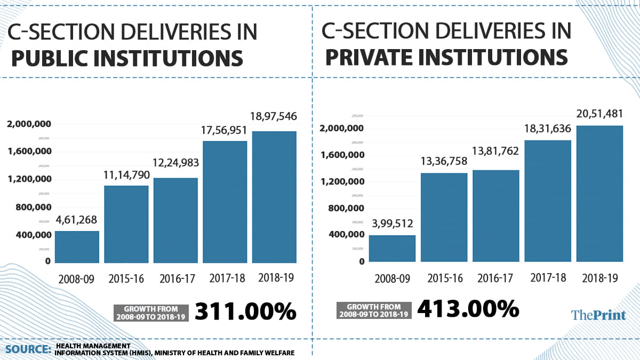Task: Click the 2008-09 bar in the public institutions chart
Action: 77,247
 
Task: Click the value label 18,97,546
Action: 274,116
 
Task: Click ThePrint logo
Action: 598,315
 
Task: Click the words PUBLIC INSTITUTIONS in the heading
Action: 127,58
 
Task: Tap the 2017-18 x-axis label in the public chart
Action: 225,278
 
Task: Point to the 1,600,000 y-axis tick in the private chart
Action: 342,155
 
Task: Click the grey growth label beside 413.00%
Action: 374,310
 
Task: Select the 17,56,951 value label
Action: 225,129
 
